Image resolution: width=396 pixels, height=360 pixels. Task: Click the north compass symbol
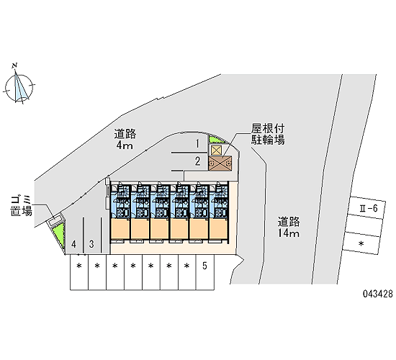pos(19,87)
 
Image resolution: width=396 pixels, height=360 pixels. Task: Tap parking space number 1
pos(198,144)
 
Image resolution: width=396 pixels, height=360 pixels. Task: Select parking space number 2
pos(198,161)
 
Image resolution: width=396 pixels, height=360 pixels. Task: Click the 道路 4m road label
pos(125,140)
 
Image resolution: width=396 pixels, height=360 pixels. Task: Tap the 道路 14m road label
pos(289,227)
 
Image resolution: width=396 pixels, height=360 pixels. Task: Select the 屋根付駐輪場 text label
pos(268,134)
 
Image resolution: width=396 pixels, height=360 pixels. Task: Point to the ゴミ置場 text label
pos(21,206)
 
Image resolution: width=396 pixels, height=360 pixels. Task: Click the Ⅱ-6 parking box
pos(367,207)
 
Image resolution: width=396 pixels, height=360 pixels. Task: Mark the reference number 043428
pos(378,294)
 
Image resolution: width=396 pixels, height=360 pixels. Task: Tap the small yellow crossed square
pos(216,150)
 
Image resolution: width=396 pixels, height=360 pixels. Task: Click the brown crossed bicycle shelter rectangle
pos(220,163)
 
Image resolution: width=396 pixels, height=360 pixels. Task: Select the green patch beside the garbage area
pos(58,235)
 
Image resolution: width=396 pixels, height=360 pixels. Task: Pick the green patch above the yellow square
pos(214,140)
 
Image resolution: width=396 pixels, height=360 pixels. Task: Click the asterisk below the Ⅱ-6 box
pos(361,243)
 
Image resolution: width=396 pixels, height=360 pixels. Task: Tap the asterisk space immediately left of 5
pos(187,272)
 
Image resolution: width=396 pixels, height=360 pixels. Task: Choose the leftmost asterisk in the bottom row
pos(79,266)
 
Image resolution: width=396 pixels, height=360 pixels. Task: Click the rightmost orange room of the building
pos(218,228)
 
